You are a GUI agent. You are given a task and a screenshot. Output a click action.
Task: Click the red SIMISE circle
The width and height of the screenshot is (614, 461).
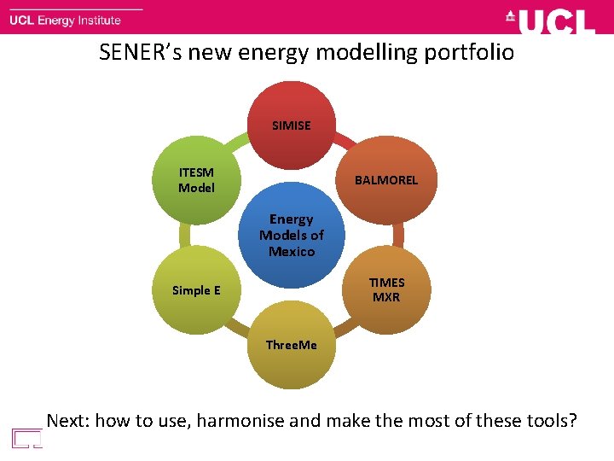coord(292,125)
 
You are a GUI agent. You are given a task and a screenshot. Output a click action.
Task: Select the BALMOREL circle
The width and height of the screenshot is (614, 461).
coord(385,180)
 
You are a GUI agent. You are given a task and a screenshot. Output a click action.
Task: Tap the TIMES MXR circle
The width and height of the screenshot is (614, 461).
coord(385,290)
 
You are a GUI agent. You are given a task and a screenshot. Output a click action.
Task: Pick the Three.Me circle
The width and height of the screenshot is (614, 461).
coord(292,345)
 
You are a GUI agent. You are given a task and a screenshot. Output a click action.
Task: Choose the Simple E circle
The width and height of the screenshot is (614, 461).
coord(196,290)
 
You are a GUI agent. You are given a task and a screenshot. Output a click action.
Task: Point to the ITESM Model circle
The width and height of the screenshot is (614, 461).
coord(196,180)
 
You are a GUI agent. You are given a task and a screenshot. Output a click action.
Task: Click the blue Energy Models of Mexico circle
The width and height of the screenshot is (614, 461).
coord(292,235)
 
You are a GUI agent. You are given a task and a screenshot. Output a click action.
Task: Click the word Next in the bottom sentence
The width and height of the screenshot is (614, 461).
coord(67,420)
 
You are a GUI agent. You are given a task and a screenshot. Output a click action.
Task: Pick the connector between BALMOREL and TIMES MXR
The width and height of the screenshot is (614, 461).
coord(398,235)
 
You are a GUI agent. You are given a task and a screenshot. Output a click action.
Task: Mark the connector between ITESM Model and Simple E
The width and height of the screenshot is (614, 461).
coord(185,235)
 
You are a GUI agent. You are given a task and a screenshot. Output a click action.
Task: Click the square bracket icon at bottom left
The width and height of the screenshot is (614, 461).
coord(27,438)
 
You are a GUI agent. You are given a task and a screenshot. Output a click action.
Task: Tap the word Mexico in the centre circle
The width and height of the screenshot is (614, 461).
coord(292,252)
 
